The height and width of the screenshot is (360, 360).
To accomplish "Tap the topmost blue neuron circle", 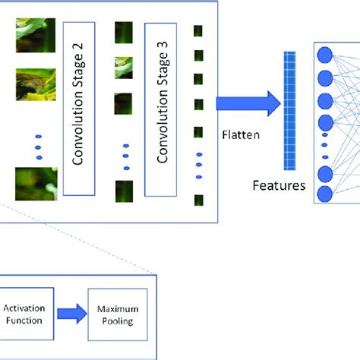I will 325,54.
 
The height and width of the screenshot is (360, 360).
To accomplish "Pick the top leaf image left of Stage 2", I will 35,35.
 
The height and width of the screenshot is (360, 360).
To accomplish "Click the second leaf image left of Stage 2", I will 35,84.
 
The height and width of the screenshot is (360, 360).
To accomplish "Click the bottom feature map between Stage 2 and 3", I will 124,190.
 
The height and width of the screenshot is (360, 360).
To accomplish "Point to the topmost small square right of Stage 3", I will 198,31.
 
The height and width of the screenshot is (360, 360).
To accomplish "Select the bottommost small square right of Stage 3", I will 198,201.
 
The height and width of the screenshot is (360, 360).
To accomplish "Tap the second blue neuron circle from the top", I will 325,77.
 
